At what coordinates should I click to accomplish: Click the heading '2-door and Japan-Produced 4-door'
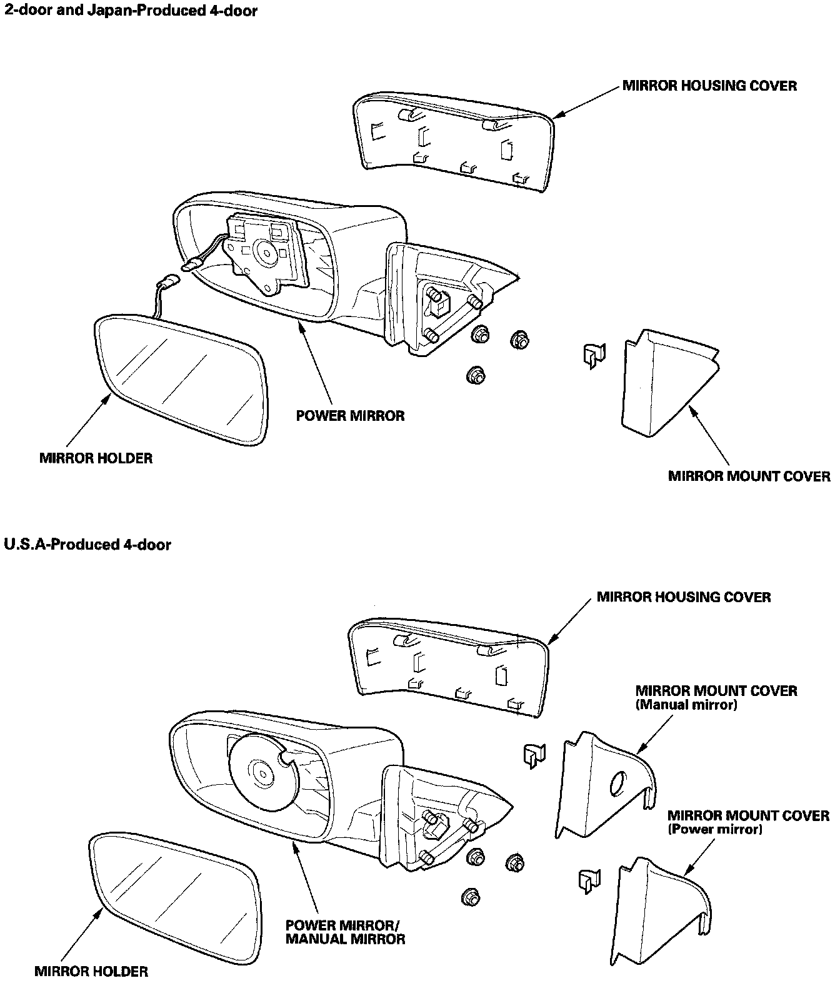click(x=130, y=11)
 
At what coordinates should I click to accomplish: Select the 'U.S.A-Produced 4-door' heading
click(x=87, y=545)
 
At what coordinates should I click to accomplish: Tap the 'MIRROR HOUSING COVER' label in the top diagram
click(x=709, y=86)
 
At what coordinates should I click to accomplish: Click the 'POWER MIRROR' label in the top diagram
click(x=350, y=416)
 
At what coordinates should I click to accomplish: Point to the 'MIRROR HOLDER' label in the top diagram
click(x=96, y=458)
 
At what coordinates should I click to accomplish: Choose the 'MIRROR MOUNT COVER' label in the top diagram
click(x=749, y=476)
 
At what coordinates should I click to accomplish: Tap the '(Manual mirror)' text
click(x=686, y=705)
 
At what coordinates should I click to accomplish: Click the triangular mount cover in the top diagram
click(x=662, y=381)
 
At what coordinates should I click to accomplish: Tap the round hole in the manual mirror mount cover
click(x=617, y=784)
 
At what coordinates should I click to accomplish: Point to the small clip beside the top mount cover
click(x=592, y=355)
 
